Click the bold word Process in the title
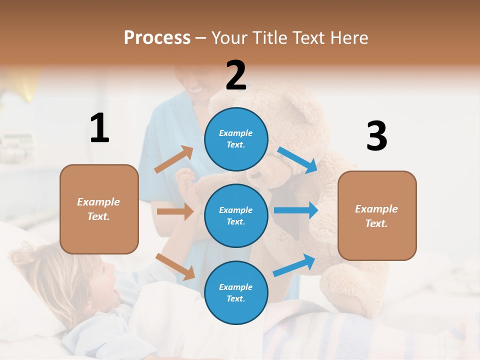pyautogui.click(x=157, y=37)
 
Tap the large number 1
pyautogui.click(x=99, y=128)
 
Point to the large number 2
pyautogui.click(x=236, y=75)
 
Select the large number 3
pyautogui.click(x=376, y=136)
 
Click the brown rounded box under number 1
pyautogui.click(x=99, y=209)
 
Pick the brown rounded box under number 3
pyautogui.click(x=377, y=216)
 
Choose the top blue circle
pyautogui.click(x=236, y=139)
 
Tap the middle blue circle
pyautogui.click(x=236, y=215)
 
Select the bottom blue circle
pyautogui.click(x=236, y=292)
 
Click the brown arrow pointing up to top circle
pyautogui.click(x=174, y=159)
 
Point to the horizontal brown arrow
pyautogui.click(x=175, y=211)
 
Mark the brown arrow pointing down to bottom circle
pyautogui.click(x=175, y=266)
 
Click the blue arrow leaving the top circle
pyautogui.click(x=297, y=160)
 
